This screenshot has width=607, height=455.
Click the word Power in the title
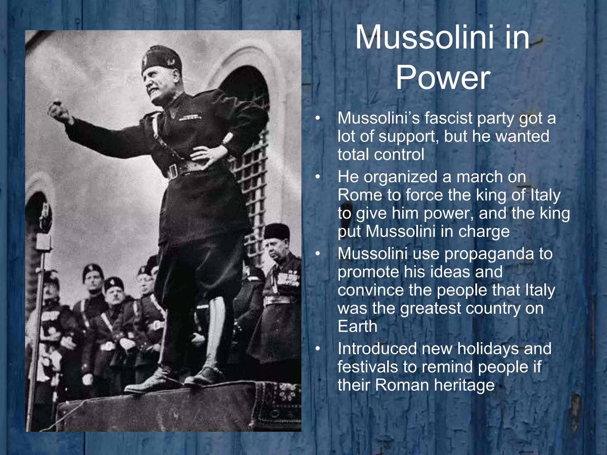[443, 78]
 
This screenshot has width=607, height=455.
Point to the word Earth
[357, 326]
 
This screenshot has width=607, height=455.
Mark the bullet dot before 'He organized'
[318, 177]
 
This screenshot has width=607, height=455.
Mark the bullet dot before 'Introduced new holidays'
[318, 349]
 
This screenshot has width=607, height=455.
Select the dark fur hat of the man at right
[277, 231]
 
